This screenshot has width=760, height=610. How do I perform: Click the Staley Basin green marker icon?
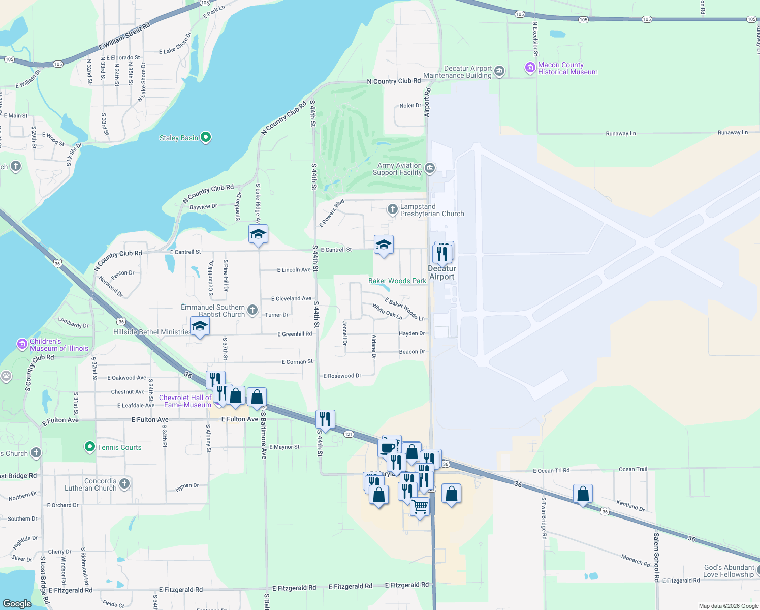[x=206, y=137]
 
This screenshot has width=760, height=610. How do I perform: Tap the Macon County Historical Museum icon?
[x=530, y=68]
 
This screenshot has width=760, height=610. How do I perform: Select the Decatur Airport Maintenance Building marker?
[x=499, y=71]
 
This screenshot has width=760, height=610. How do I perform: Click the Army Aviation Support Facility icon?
[x=430, y=168]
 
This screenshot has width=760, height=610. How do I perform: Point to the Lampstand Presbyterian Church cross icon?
[x=392, y=209]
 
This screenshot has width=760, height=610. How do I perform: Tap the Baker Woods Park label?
[x=397, y=281]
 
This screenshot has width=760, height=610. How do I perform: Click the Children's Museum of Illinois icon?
[x=22, y=344]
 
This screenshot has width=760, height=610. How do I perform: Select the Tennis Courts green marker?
[x=90, y=447]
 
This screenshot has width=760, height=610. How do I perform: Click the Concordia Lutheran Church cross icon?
[x=124, y=484]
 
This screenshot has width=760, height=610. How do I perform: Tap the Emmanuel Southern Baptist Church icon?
[x=252, y=310]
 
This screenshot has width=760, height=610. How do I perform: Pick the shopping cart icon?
[x=420, y=506]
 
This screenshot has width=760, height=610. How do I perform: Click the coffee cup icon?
[x=388, y=448]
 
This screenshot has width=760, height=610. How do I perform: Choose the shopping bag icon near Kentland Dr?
[x=583, y=493]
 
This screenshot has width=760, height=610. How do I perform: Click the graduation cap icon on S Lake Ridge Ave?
[x=258, y=234]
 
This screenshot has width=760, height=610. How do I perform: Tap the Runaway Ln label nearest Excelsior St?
[x=621, y=133]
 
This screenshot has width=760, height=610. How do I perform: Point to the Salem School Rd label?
[x=656, y=557]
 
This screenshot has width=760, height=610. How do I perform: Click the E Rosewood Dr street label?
[x=342, y=376]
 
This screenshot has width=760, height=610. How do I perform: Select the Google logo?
[x=17, y=604]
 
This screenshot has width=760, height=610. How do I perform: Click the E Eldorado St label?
[x=123, y=58]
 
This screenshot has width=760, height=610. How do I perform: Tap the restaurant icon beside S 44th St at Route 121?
[x=325, y=419]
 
